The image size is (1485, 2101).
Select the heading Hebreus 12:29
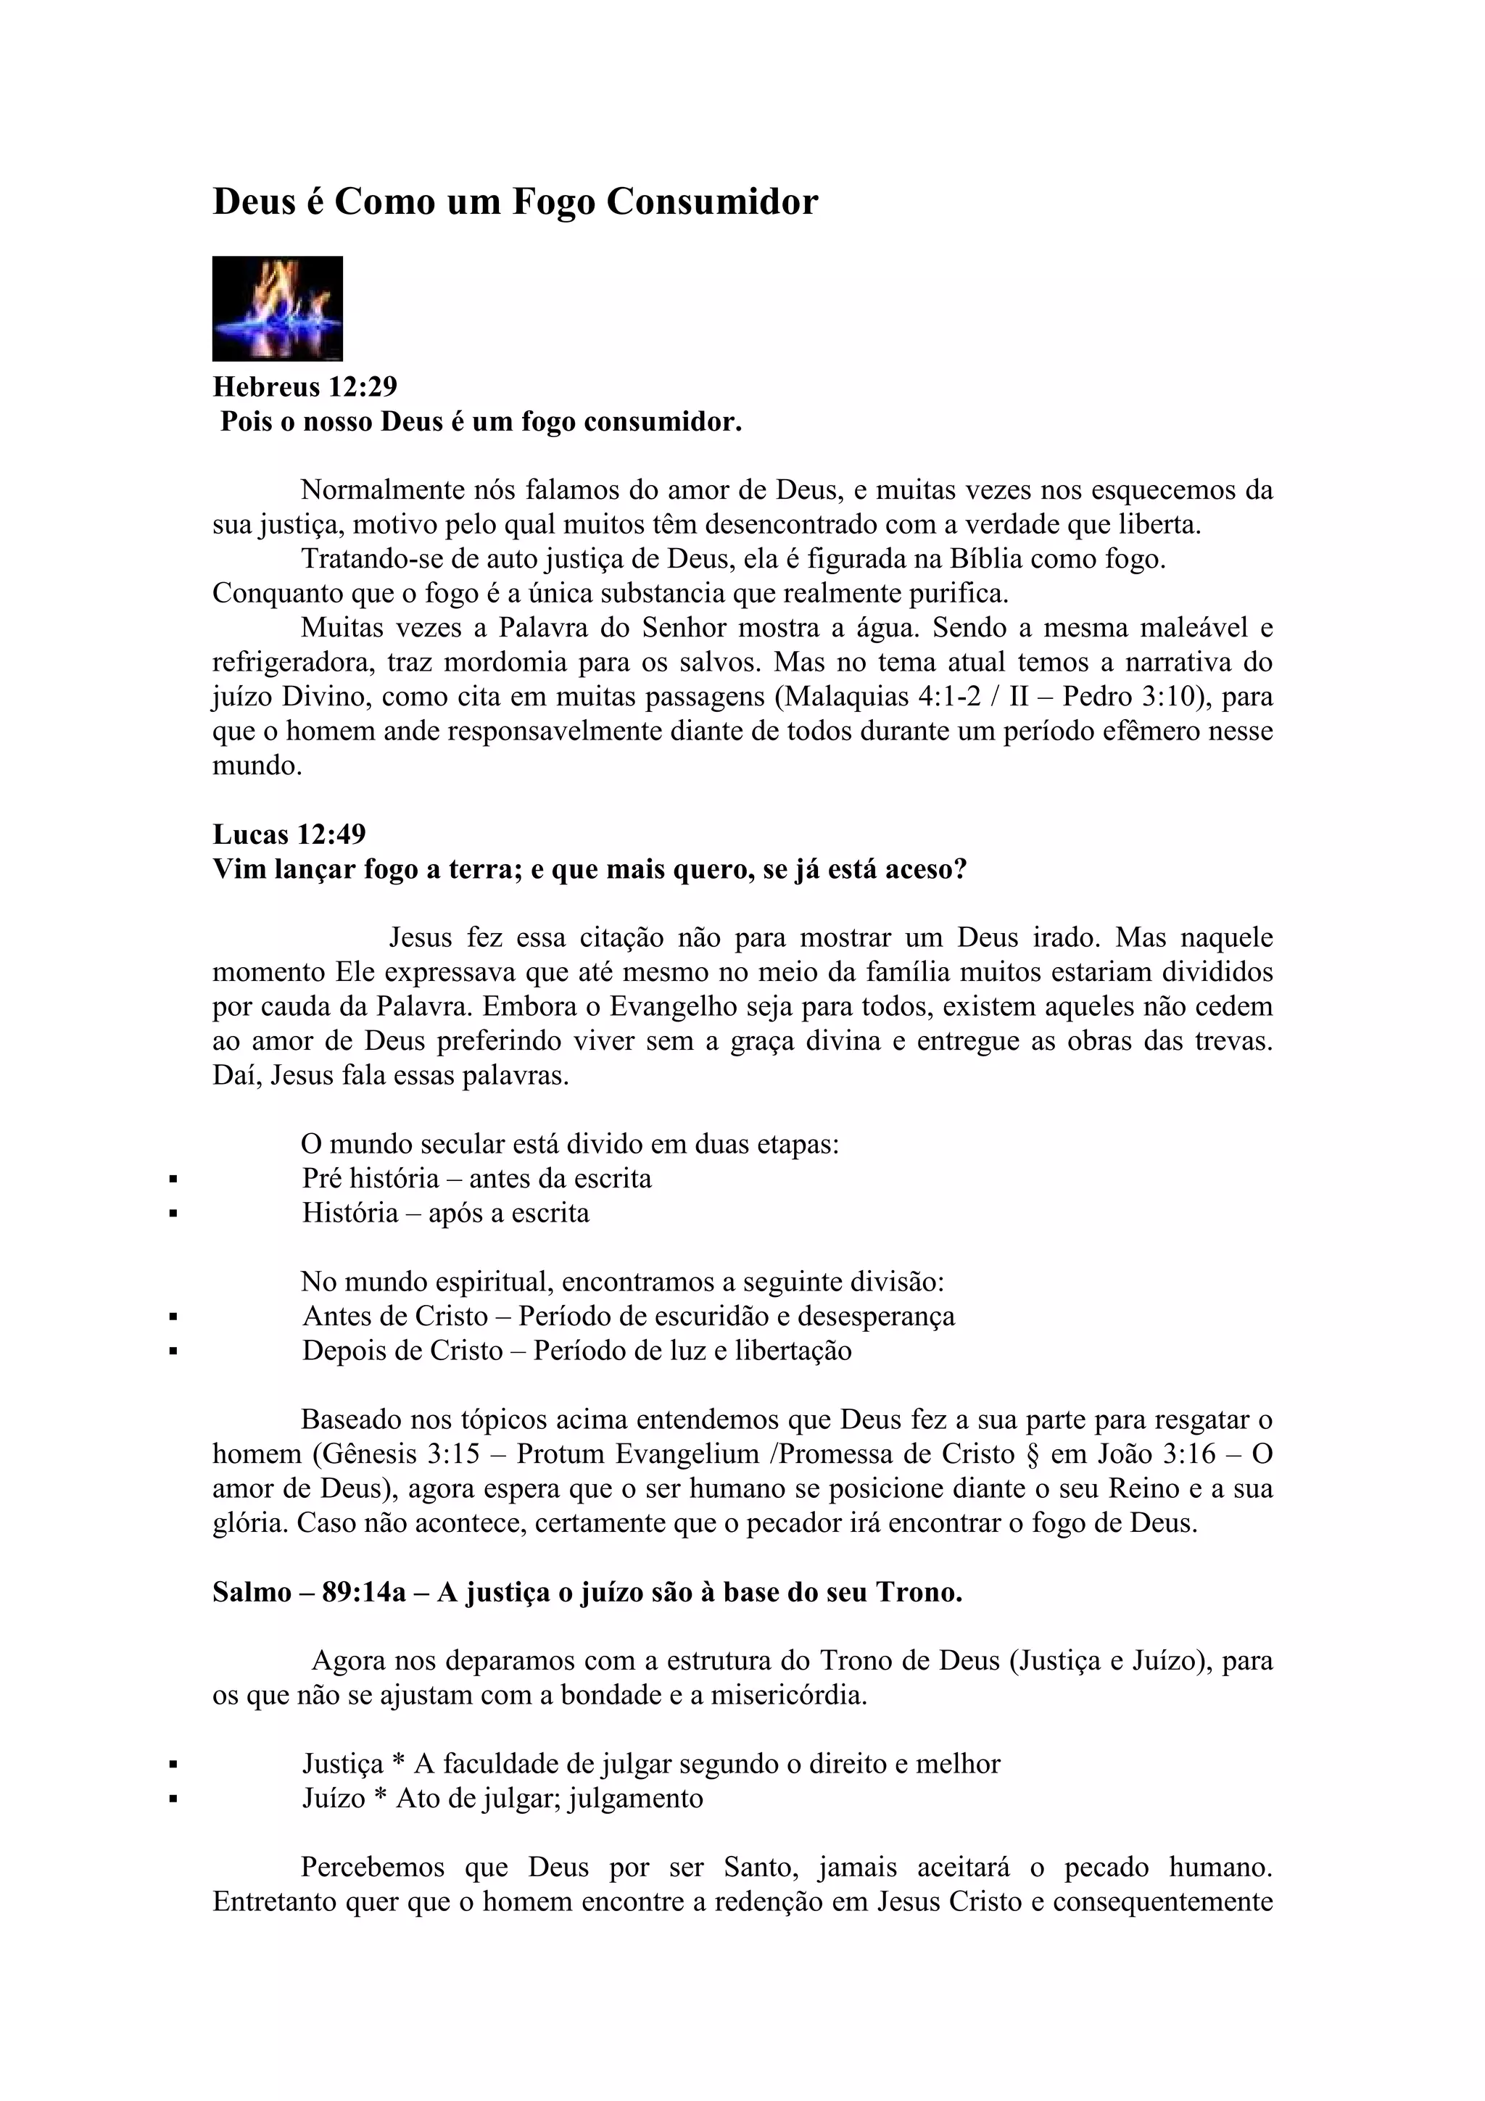[305, 387]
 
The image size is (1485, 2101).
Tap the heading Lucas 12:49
[289, 834]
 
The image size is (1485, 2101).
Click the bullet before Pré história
[172, 1180]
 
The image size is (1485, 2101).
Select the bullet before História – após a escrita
[172, 1215]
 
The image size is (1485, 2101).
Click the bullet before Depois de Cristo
[172, 1353]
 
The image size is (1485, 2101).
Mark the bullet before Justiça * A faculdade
[172, 1766]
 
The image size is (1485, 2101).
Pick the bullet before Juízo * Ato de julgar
[172, 1800]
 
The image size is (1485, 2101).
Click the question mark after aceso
[960, 869]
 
